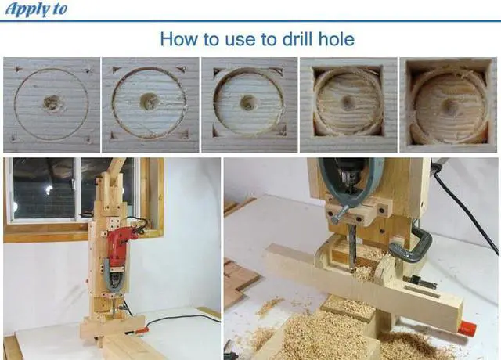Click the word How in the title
pos(178,39)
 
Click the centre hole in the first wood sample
pos(52,103)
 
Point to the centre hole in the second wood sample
pos(150,101)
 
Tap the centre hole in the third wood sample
pos(248,103)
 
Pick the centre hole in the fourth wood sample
pos(348,102)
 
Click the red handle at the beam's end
pos(467,328)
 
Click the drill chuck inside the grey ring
pos(348,180)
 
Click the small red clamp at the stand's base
pos(139,331)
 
